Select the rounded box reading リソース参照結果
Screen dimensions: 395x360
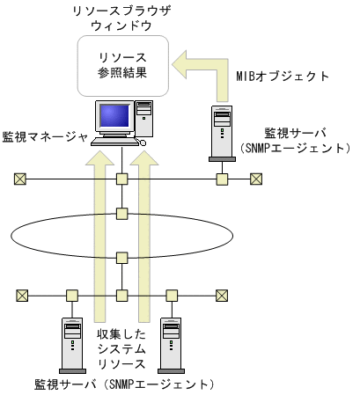(x=122, y=67)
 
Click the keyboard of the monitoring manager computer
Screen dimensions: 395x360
(x=118, y=142)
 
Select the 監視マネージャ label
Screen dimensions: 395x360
(x=46, y=137)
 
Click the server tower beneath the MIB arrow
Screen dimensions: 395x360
(x=223, y=133)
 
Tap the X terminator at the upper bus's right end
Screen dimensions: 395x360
(x=255, y=179)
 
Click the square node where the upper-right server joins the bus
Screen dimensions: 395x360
(x=223, y=179)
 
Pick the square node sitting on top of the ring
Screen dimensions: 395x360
(x=122, y=213)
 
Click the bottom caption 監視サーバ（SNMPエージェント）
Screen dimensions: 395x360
(x=122, y=384)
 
